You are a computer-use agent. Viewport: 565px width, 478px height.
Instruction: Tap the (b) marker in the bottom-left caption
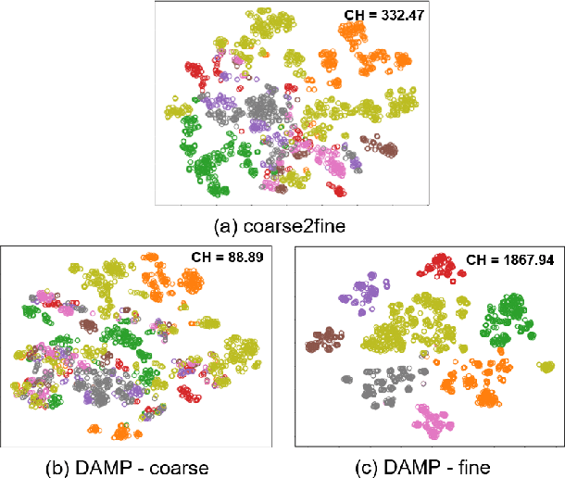tap(61, 465)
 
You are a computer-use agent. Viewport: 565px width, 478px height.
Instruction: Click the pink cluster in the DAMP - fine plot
tap(428, 423)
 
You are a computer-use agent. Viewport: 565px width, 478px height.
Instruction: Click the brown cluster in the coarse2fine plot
tap(380, 148)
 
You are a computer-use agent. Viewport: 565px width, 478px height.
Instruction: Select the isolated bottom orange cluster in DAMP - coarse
tap(120, 430)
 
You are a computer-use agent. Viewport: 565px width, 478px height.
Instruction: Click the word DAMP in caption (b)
tap(107, 465)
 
